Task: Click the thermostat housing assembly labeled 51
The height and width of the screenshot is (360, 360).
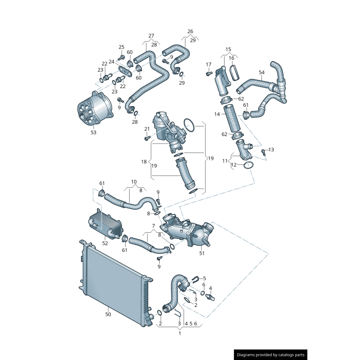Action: click(x=189, y=229)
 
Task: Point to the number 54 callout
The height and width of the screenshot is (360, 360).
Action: click(x=262, y=72)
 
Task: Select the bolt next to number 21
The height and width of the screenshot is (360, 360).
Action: click(x=147, y=138)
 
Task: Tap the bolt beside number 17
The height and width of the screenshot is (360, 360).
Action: click(x=209, y=73)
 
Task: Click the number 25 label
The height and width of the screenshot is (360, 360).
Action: click(x=121, y=47)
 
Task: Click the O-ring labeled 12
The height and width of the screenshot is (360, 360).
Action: click(x=248, y=166)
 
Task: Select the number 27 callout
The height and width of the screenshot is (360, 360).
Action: click(x=151, y=36)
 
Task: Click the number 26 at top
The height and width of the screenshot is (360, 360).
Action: click(x=190, y=31)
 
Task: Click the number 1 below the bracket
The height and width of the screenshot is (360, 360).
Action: click(x=180, y=333)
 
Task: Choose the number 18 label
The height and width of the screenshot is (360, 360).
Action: click(x=144, y=161)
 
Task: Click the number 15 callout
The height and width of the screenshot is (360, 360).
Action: click(x=228, y=49)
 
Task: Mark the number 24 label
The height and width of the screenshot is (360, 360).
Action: click(x=112, y=62)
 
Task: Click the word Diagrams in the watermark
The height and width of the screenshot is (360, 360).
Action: click(x=248, y=355)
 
